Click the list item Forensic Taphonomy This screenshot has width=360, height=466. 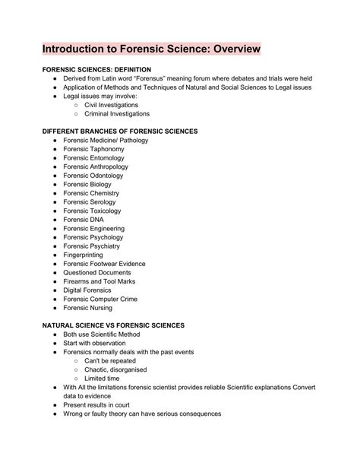96,150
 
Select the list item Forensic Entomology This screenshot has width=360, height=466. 96,158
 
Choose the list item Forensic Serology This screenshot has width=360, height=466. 91,202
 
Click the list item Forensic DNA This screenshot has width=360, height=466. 84,220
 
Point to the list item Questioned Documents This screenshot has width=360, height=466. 98,273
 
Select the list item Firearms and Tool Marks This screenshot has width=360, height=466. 102,281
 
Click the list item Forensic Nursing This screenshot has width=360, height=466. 88,308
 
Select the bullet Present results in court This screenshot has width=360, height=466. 103,405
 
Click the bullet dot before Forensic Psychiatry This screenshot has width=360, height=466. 55,246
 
